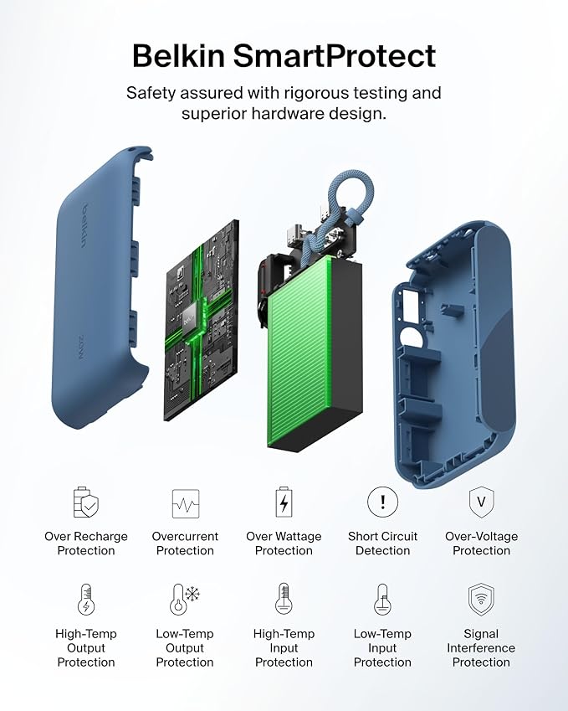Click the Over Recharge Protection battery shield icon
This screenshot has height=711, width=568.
coord(86,502)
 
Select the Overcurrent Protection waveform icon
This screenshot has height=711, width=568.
coord(185,502)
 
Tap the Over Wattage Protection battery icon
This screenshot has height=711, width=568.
coord(284,502)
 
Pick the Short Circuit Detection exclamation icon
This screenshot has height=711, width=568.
coord(382,502)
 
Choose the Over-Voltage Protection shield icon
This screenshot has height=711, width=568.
coord(481,502)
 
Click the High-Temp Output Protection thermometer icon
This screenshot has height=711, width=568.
coord(86,600)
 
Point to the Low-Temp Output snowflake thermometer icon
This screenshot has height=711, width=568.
coord(185,600)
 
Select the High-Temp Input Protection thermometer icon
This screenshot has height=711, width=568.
coord(284,600)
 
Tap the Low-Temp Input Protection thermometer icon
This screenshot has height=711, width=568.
coord(382,600)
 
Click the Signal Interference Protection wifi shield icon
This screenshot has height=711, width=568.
coord(481,600)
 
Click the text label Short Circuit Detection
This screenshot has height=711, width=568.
coord(382,544)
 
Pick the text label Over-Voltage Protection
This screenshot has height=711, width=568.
coord(481,544)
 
